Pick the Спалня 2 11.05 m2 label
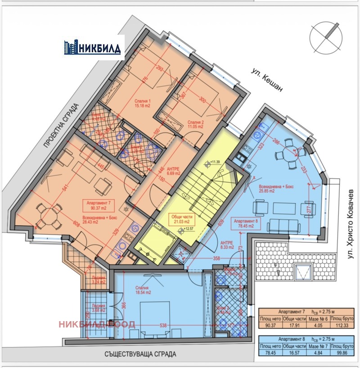tap(195, 124)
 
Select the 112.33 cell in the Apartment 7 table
tap(342, 327)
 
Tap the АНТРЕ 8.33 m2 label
tap(227, 245)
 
